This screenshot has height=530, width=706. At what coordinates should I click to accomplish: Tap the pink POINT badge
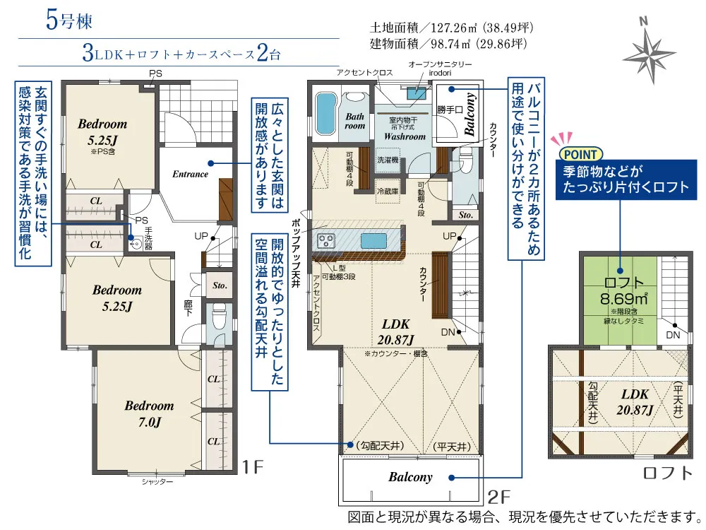(x=580, y=155)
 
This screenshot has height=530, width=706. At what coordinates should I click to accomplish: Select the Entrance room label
(x=190, y=174)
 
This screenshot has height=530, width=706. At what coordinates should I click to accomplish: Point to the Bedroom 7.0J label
(x=150, y=413)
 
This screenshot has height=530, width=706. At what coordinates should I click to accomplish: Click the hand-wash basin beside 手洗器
(x=135, y=244)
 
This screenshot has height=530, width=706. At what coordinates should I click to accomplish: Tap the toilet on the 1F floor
(x=220, y=317)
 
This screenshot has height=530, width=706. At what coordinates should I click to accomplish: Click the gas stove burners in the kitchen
(x=326, y=241)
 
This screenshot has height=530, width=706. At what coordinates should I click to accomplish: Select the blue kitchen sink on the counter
(x=374, y=241)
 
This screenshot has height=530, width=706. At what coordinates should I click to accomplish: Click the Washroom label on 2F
(x=405, y=136)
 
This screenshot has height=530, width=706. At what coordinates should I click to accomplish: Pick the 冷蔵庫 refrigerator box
(x=387, y=191)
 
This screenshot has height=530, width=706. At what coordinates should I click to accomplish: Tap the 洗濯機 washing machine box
(x=387, y=160)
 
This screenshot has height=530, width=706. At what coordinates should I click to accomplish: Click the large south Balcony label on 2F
(x=410, y=477)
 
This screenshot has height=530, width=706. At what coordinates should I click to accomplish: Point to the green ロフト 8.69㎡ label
(x=624, y=290)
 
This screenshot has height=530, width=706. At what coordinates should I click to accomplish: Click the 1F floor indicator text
(x=252, y=467)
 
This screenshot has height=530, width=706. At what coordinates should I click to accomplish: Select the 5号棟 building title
(x=69, y=20)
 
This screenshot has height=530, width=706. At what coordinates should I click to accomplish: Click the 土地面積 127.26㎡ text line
(x=452, y=28)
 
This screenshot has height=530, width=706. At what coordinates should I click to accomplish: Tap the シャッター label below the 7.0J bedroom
(x=157, y=482)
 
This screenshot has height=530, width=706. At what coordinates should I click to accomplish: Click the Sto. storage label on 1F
(x=220, y=285)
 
